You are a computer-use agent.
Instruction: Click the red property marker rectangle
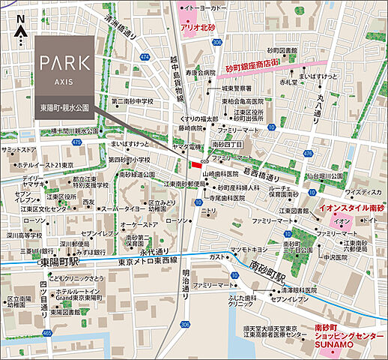(x=197, y=164)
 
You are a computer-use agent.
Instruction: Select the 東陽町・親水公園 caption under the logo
(x=64, y=108)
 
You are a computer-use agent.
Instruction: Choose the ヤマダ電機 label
(x=173, y=146)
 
